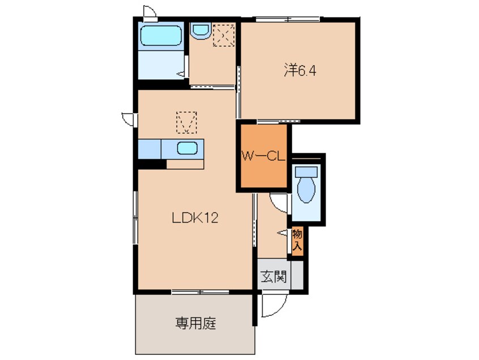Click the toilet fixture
tap(306, 184)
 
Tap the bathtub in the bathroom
tap(161, 37)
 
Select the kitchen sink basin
tap(187, 149)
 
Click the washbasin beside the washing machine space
tap(199, 31)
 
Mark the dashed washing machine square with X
tap(223, 37)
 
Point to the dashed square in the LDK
tap(187, 121)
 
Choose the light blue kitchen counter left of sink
tap(149, 149)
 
